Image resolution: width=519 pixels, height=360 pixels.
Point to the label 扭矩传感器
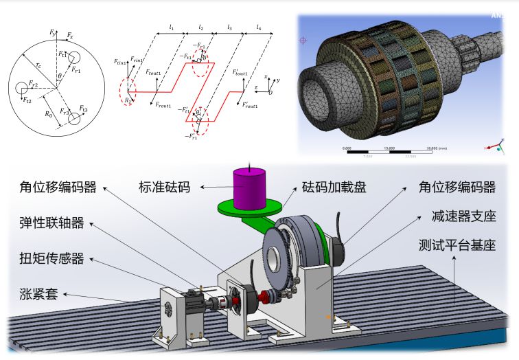point(52,258)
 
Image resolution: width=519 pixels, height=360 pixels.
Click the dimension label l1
point(172,28)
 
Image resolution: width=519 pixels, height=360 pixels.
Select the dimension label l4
point(259,28)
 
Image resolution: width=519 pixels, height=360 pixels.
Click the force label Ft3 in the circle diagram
point(82,109)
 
